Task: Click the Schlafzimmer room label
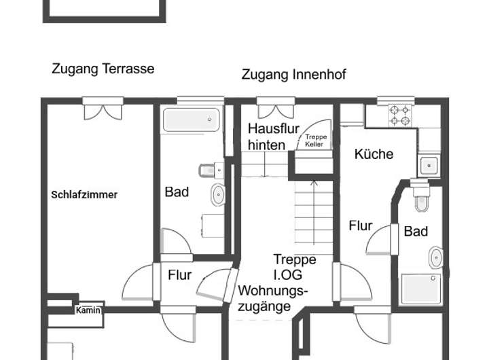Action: (84, 195)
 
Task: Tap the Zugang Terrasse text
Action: (103, 69)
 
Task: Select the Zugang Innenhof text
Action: (293, 75)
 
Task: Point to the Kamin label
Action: (88, 310)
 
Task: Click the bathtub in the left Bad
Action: (192, 121)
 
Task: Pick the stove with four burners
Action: (401, 115)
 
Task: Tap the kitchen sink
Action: (429, 165)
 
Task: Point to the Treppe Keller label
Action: (316, 141)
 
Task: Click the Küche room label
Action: (374, 154)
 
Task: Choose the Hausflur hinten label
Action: (266, 137)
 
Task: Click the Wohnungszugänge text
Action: (273, 298)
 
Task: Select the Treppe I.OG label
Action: (294, 268)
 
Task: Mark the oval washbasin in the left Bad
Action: (218, 195)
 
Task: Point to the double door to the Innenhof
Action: (275, 109)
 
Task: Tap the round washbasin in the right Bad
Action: (435, 257)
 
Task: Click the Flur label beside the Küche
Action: (361, 226)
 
